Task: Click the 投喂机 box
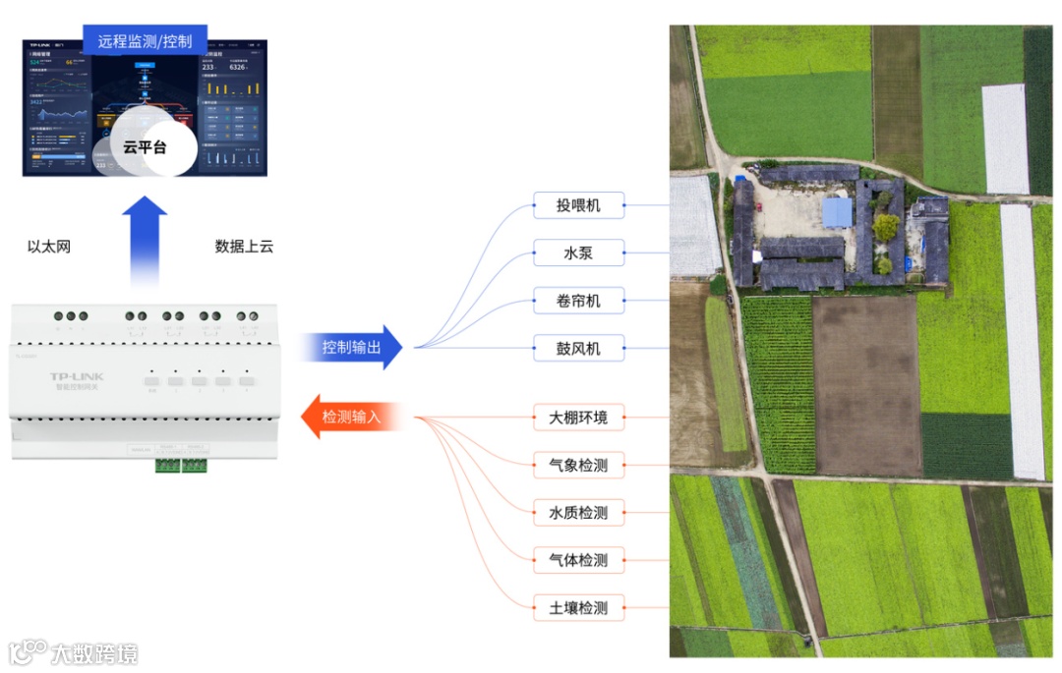(x=578, y=205)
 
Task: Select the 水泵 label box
(x=578, y=253)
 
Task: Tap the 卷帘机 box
(x=578, y=301)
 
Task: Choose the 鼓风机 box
(x=578, y=348)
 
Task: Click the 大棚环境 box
(x=578, y=418)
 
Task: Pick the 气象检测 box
(x=578, y=465)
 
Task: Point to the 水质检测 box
(x=578, y=512)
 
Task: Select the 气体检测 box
(x=578, y=560)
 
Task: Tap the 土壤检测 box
(x=578, y=607)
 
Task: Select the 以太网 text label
(x=49, y=247)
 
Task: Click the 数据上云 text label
(x=244, y=247)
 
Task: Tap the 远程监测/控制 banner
(x=145, y=42)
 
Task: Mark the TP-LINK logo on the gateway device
(x=77, y=376)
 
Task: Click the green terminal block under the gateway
(x=181, y=464)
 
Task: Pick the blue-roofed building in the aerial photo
(x=837, y=212)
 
